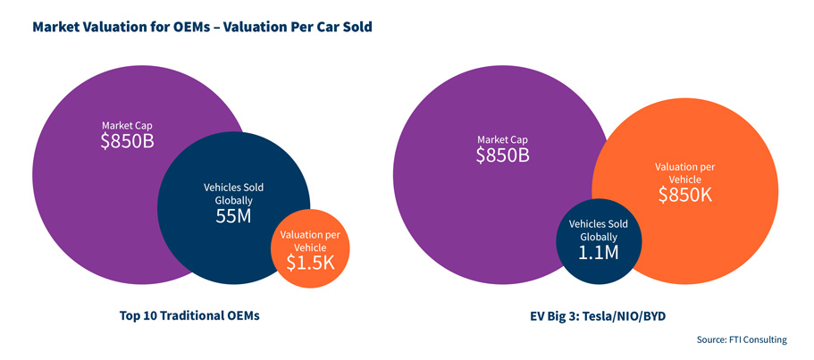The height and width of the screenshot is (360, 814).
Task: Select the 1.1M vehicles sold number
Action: [598, 253]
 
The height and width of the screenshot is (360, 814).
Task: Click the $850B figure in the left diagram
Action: [128, 140]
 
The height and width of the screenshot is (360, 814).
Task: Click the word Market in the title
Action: [60, 27]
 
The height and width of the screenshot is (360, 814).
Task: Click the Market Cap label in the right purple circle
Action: [503, 140]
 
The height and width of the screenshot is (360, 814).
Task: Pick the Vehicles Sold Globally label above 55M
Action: [233, 195]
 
